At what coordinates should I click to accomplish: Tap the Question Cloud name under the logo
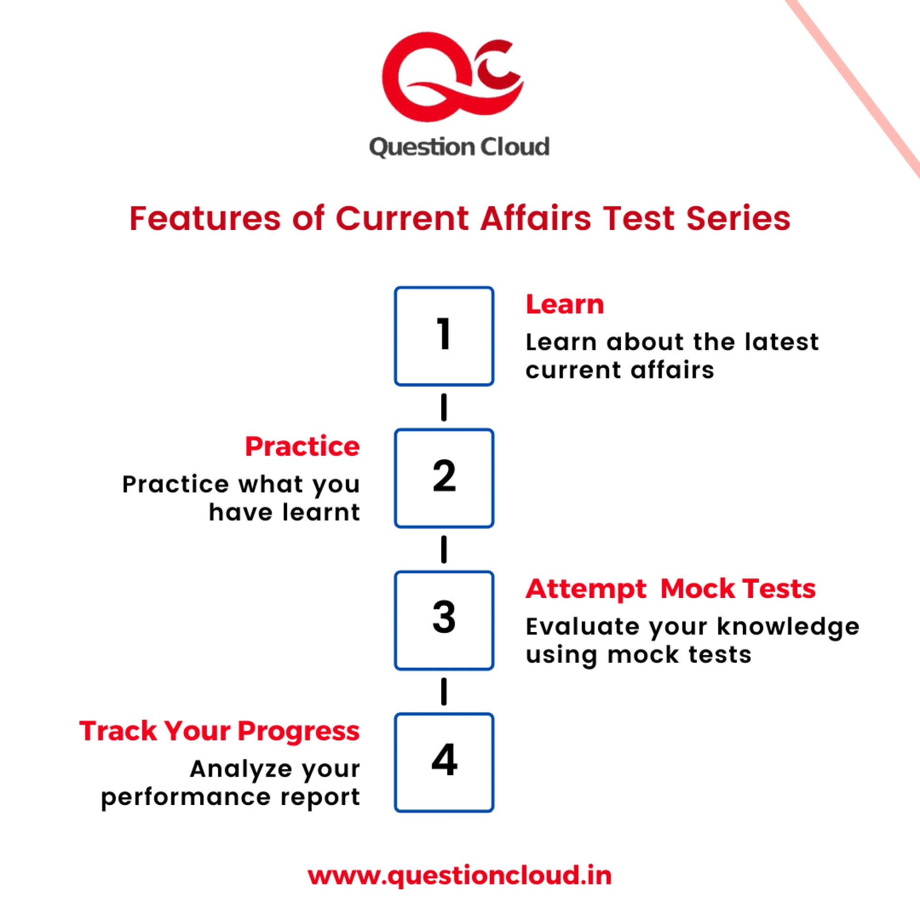coord(459,147)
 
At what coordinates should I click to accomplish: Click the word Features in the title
coord(205,218)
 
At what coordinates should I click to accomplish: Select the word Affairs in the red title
coord(536,218)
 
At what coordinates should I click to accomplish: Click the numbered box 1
coord(444,336)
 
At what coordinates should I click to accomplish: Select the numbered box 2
coord(444,478)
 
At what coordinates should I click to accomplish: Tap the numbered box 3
coord(444,620)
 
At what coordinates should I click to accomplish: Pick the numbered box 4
coord(444,762)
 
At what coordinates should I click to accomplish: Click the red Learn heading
coord(564,304)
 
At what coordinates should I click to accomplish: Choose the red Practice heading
coord(302,447)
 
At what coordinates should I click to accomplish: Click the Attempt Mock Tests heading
coord(670,589)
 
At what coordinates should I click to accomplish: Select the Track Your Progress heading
coord(219,731)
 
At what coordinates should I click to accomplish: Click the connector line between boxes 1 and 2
coord(444,407)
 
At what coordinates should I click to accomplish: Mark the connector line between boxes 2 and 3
coord(444,549)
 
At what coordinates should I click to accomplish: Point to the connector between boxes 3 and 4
coord(444,691)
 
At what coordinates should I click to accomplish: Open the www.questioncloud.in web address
coord(460,876)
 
